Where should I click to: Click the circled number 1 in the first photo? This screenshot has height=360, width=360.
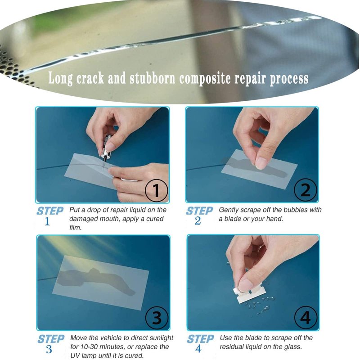[156, 190]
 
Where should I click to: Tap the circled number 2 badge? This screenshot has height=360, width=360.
[306, 190]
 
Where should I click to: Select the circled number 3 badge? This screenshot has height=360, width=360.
[157, 318]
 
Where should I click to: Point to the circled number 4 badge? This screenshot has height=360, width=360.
[306, 318]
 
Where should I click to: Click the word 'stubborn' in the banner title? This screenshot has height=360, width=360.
[153, 78]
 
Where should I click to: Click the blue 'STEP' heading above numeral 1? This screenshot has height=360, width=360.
[50, 211]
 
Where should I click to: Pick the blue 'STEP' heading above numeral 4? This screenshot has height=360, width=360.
[200, 339]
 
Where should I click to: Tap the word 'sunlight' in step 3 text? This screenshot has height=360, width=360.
[161, 338]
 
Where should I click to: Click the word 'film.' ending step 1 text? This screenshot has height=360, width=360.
[76, 228]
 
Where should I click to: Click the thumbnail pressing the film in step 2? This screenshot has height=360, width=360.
[261, 163]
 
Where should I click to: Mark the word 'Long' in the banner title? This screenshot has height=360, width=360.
[60, 78]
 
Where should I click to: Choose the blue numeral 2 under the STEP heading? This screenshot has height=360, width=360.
[198, 221]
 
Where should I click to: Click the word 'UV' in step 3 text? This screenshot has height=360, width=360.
[75, 355]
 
